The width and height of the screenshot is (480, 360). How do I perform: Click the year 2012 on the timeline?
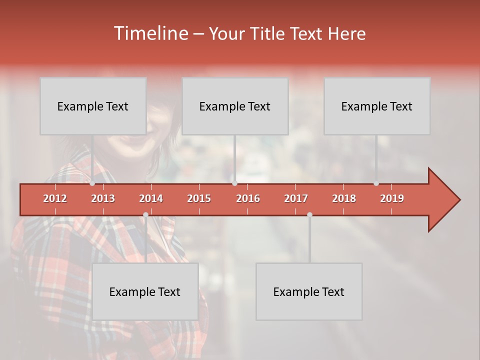point(55,198)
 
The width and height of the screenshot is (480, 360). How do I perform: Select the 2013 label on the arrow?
point(103,198)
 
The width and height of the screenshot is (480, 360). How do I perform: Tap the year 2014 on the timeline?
point(151,198)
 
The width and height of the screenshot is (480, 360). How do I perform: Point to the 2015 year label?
point(199,198)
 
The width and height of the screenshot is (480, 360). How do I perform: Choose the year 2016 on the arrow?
point(248,198)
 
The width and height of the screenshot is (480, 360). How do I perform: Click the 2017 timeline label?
point(296,198)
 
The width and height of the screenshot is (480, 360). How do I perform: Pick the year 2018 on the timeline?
point(344,198)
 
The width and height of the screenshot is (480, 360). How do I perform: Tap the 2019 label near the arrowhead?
point(392,198)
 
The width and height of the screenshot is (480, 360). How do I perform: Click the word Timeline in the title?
point(150,33)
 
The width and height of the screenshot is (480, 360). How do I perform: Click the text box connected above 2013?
point(93,106)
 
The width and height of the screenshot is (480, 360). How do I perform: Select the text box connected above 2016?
point(235,106)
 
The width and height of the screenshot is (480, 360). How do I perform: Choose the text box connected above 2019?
point(377,106)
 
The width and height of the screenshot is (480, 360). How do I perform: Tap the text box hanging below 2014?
point(145,291)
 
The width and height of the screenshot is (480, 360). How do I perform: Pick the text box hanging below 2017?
point(309,291)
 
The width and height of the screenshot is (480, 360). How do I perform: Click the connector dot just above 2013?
point(92,183)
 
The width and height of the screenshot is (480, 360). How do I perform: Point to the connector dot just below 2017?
point(309,215)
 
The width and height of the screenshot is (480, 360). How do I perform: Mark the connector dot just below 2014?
point(145,215)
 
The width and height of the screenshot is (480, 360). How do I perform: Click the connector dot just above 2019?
point(376,183)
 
